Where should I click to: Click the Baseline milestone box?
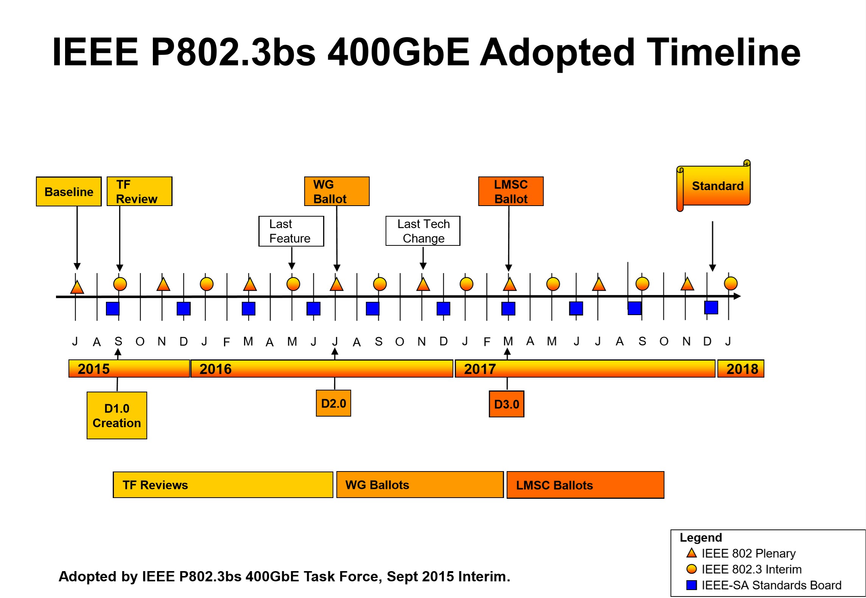tap(69, 192)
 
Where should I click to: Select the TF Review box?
tap(140, 191)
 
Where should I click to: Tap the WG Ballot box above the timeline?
tap(337, 191)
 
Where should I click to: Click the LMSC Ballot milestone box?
tap(511, 191)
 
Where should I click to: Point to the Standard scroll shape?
tap(714, 186)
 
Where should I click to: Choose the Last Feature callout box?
tap(291, 231)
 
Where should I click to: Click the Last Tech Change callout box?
tap(423, 231)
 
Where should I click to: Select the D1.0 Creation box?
tap(117, 415)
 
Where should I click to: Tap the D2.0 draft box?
tap(333, 403)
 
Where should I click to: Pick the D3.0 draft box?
tap(507, 404)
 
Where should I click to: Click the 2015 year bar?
tap(129, 368)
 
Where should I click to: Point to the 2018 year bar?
tap(741, 368)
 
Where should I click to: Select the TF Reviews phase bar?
tap(223, 485)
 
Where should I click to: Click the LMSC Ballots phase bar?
tap(585, 485)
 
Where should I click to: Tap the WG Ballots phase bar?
tap(420, 485)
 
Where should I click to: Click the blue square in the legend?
tap(692, 585)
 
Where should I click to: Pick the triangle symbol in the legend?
tap(692, 553)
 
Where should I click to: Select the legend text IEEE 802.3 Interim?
tap(751, 569)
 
